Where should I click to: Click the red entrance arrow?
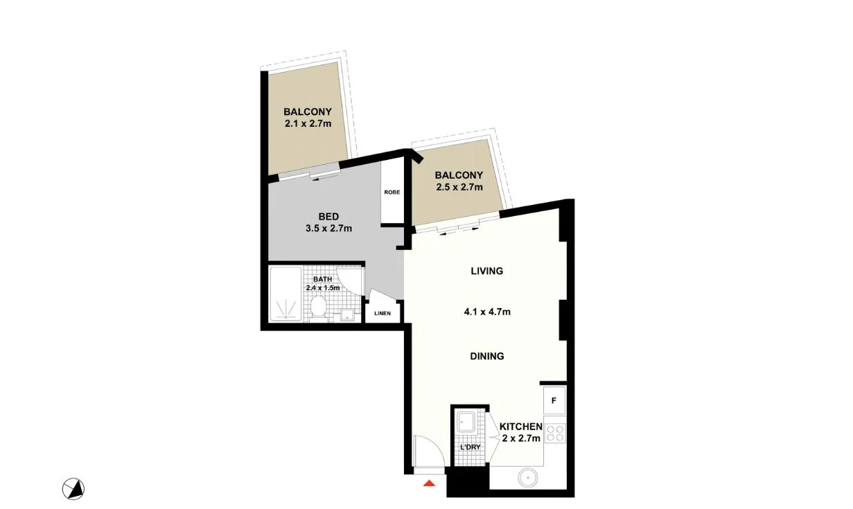click(x=430, y=483)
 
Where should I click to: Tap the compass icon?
click(x=73, y=490)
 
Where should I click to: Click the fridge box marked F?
click(x=554, y=400)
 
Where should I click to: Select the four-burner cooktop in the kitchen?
click(x=555, y=434)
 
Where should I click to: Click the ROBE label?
click(x=392, y=193)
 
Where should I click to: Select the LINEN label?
click(x=382, y=313)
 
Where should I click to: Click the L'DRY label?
click(x=471, y=447)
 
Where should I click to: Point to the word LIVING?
click(x=486, y=271)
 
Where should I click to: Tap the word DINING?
click(x=486, y=356)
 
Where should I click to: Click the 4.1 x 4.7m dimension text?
click(x=487, y=312)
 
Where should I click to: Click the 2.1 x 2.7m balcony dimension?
click(x=308, y=124)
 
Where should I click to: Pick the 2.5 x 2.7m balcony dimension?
click(x=459, y=187)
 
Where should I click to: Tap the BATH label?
click(x=322, y=279)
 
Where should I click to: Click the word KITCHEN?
click(x=521, y=427)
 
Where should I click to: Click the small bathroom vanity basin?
click(x=346, y=316)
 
